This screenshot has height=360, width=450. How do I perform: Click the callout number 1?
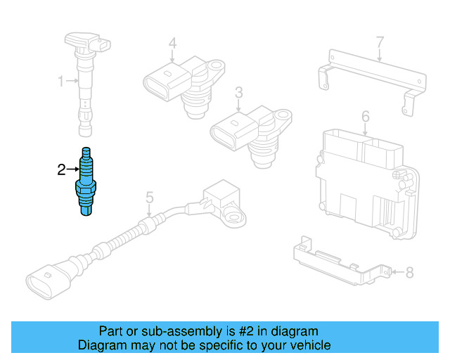(60, 82)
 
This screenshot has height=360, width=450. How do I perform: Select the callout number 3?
(238, 92)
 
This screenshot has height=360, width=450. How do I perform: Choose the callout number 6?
(366, 115)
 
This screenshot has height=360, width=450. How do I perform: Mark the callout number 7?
(380, 42)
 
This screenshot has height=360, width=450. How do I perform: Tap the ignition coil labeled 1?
(86, 77)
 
